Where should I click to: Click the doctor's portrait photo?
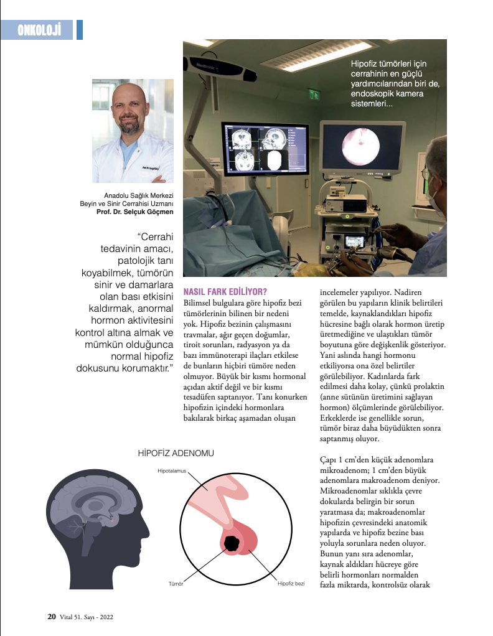click(133, 131)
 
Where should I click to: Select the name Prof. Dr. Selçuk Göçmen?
click(134, 212)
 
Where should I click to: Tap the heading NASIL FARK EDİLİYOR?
click(225, 291)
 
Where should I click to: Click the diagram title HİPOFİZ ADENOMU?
click(176, 453)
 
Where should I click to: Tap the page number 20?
click(52, 617)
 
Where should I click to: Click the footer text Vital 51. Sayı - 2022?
click(86, 617)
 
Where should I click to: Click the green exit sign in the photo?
click(315, 94)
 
